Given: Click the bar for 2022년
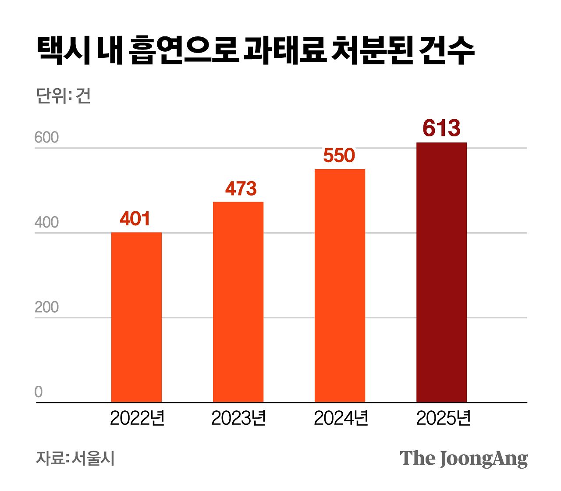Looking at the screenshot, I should tap(136, 317).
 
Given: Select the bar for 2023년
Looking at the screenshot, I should tap(238, 302).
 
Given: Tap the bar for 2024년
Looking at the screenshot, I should tap(340, 285).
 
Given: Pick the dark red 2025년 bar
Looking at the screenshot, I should tap(441, 272).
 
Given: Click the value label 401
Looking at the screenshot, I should tap(135, 219).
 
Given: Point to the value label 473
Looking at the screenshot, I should tap(241, 189).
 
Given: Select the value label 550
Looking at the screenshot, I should tap(339, 156).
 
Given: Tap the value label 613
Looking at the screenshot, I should tap(441, 128).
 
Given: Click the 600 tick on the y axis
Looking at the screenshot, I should tap(46, 138).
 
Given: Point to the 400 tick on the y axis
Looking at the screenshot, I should tap(46, 223).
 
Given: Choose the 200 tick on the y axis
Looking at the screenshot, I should tap(46, 307).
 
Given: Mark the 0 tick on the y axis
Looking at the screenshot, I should tap(39, 392).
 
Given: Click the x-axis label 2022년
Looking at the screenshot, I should tap(137, 418).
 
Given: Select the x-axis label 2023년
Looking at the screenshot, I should tap(239, 418).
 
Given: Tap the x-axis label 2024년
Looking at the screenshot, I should tap(341, 418).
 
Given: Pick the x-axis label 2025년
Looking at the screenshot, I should tap(443, 418).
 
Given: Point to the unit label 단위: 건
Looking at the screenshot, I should tap(63, 96).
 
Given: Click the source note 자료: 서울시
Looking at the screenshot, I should tap(75, 458).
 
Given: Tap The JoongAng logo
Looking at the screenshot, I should tap(464, 459).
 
